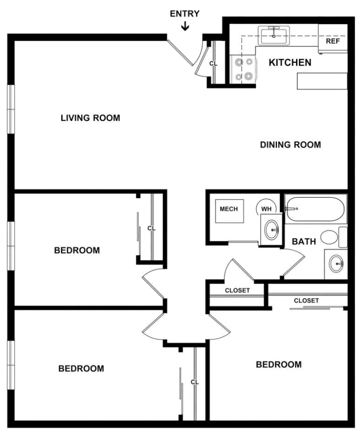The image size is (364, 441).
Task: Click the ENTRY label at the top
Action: (x=185, y=14)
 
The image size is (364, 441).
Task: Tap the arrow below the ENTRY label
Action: (x=185, y=26)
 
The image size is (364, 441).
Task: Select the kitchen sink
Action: (x=274, y=35)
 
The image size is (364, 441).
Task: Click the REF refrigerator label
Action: (x=333, y=41)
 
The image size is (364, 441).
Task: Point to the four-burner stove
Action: (x=243, y=69)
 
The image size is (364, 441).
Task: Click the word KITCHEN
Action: (x=290, y=62)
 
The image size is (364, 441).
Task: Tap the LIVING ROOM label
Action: (x=91, y=118)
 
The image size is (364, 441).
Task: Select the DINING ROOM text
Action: (x=290, y=145)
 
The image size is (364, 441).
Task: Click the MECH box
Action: (x=229, y=211)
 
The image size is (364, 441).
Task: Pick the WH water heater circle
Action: (x=266, y=208)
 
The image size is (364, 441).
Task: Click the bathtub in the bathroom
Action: (x=315, y=209)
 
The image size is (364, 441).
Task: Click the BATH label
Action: (x=304, y=241)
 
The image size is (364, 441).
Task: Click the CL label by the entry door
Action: (x=213, y=64)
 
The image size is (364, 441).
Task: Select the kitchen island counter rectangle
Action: (x=322, y=81)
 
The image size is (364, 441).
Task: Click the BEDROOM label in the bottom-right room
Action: (x=279, y=365)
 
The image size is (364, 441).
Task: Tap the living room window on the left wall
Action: (x=11, y=109)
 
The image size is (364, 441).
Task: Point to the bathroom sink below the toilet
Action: (x=337, y=264)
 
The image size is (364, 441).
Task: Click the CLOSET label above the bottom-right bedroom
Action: (x=306, y=300)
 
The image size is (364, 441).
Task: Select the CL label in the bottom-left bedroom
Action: (x=195, y=382)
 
